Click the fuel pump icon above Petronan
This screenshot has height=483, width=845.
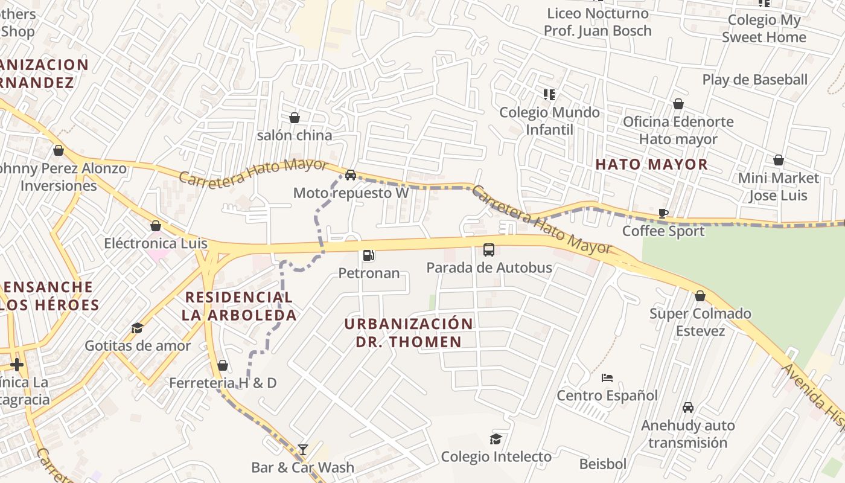coord(369,255)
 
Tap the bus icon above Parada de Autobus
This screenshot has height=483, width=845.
coord(489,249)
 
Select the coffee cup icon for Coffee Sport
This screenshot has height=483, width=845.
coord(663,213)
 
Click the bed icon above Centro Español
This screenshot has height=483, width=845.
coord(607,378)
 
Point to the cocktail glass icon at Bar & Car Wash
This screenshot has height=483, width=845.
coord(302,449)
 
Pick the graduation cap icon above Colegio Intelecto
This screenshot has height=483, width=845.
coord(496,439)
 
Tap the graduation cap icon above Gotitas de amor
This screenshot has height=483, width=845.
coord(138,328)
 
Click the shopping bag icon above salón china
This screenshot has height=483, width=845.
coord(295,117)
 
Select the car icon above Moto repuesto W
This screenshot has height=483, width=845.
coord(350,175)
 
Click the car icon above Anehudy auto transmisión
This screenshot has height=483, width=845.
coord(688,408)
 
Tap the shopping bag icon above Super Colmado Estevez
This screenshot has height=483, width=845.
coord(700,296)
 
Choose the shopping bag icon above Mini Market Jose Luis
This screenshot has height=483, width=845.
coord(779,160)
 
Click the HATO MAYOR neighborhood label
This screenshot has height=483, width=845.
coord(651,164)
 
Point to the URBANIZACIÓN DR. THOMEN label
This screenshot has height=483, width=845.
coord(409,333)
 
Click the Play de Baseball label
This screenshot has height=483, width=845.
coord(754,80)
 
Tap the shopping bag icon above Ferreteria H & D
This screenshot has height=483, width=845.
coord(223,365)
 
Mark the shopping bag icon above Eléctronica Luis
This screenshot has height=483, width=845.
coord(156,226)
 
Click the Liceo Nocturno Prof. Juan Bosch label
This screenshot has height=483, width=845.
coord(598,22)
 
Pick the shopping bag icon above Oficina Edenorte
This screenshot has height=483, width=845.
coord(678,104)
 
